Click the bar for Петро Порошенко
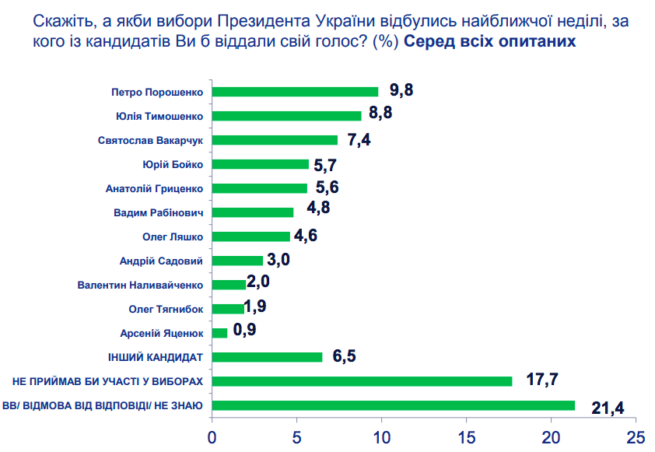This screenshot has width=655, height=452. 295,92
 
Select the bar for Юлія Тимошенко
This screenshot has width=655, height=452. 286,116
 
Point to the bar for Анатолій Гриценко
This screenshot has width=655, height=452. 259,188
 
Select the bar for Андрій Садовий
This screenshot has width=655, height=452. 237,261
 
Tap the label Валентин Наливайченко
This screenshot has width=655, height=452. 140,285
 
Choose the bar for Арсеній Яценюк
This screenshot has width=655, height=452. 219,333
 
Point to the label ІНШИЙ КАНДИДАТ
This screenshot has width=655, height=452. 155,357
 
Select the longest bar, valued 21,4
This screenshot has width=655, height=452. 393,405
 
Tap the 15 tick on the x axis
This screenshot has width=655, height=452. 467,436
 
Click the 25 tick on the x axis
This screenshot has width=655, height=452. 636,436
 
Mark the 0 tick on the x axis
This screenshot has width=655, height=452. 212,436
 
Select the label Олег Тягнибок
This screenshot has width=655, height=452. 166,309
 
